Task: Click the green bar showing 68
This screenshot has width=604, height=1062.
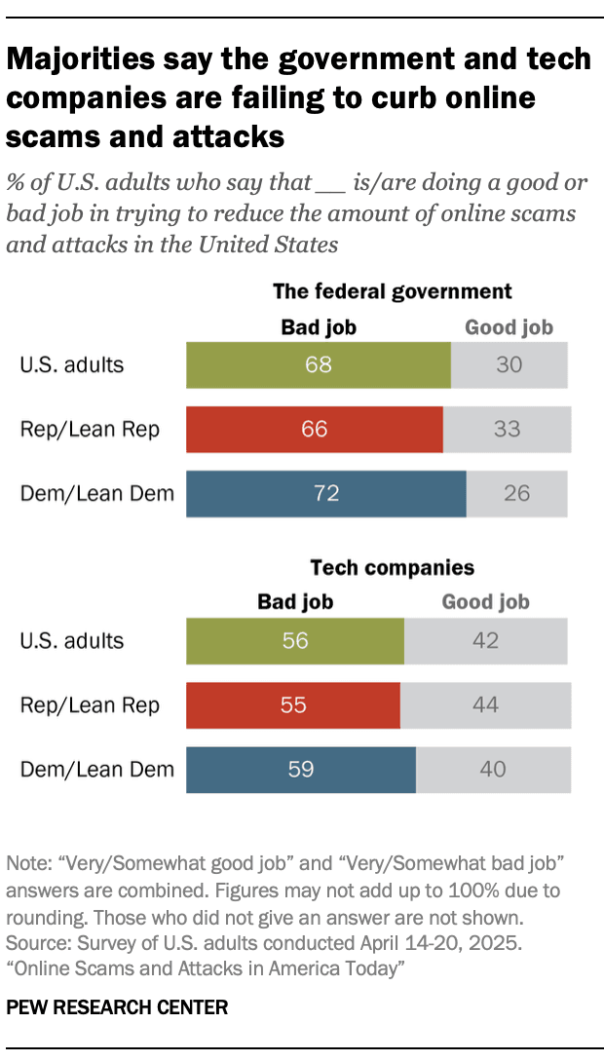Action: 319,365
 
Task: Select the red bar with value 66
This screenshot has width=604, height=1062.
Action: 315,429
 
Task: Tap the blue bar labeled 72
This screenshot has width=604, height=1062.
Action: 326,493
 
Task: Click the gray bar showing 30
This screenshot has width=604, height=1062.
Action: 509,365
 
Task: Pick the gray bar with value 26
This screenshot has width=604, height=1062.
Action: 516,493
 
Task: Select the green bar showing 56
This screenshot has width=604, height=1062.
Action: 295,640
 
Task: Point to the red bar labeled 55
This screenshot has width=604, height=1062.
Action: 293,704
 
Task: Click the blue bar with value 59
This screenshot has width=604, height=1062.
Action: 301,769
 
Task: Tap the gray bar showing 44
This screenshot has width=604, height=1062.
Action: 485,704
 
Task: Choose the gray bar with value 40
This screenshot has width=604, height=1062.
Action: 493,769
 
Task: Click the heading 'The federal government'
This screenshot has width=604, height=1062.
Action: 392,291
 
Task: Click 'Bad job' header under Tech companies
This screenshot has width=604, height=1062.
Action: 295,602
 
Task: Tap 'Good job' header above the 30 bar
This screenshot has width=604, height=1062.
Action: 509,327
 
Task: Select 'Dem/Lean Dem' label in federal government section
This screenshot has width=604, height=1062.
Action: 97,493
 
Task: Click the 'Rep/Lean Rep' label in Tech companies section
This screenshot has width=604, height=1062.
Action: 90,704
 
